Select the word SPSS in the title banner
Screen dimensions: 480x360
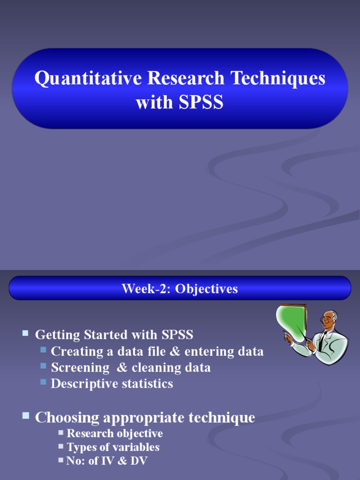201,102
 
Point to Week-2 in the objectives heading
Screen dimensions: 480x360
146,289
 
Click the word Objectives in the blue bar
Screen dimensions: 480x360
207,289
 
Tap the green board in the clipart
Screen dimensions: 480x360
291,323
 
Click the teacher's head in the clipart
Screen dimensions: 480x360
330,320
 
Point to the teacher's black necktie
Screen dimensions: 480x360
322,340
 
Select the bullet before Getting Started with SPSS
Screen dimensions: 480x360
25,333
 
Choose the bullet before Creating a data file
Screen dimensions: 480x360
44,350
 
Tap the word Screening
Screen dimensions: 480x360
80,367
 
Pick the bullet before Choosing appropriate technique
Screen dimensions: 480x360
26,415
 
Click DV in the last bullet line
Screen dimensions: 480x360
140,461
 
